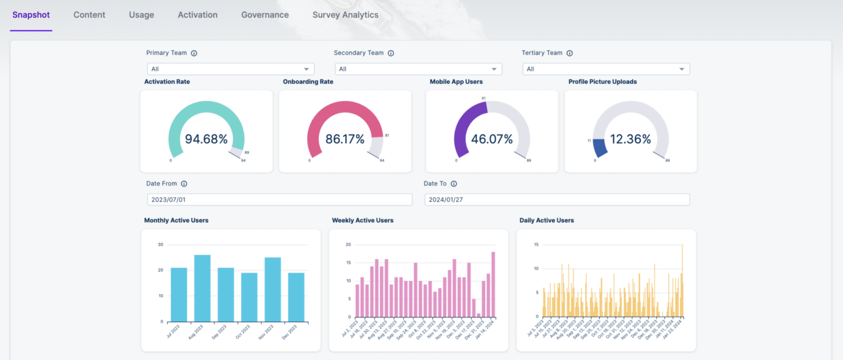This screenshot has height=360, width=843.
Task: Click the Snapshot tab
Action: (x=31, y=15)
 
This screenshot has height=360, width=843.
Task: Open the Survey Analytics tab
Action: (x=345, y=15)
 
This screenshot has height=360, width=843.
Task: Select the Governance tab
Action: (x=265, y=15)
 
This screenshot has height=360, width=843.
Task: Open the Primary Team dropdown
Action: (x=231, y=69)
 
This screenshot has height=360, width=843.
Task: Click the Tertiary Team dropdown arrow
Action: (x=682, y=69)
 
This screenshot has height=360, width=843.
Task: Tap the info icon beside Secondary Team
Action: (x=391, y=53)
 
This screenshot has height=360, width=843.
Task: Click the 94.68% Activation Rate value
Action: (x=206, y=139)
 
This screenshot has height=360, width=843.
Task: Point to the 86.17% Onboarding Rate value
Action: (x=345, y=139)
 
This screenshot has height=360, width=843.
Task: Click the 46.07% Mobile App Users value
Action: (x=492, y=139)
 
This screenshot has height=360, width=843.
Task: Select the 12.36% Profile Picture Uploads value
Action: (x=631, y=139)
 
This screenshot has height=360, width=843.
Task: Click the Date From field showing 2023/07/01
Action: (x=279, y=200)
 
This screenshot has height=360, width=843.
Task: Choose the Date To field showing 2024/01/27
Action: (x=557, y=200)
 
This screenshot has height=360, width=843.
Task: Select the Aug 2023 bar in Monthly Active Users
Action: (x=202, y=288)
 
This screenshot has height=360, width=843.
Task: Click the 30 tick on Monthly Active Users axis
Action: (x=160, y=244)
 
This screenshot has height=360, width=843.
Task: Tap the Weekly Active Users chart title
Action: (x=362, y=221)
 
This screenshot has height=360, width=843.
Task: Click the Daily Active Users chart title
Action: (x=547, y=221)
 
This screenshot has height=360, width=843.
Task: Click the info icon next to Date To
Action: (x=454, y=184)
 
